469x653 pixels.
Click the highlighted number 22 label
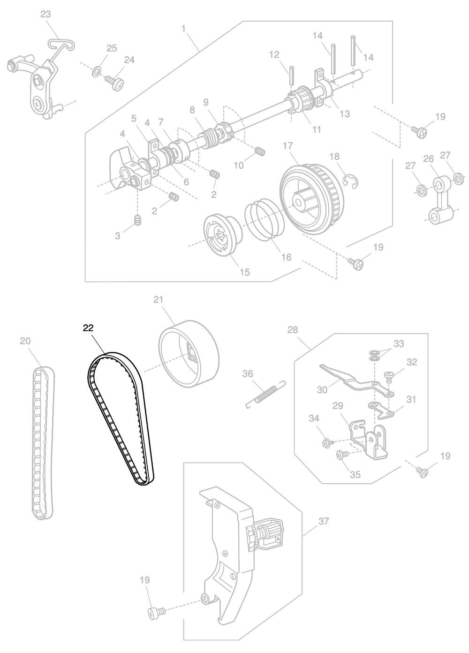pyautogui.click(x=88, y=328)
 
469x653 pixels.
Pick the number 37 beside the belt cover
pyautogui.click(x=324, y=521)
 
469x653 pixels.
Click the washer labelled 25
pyautogui.click(x=97, y=71)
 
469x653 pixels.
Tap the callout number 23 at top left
pyautogui.click(x=45, y=14)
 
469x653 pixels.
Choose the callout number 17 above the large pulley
pyautogui.click(x=287, y=146)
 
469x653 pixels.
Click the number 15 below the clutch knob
pyautogui.click(x=244, y=272)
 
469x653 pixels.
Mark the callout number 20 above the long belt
pyautogui.click(x=25, y=341)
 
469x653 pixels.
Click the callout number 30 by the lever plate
pyautogui.click(x=322, y=389)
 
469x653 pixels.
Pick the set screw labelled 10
pyautogui.click(x=259, y=152)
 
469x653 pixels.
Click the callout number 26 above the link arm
pyautogui.click(x=429, y=159)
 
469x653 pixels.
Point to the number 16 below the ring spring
pyautogui.click(x=287, y=257)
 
